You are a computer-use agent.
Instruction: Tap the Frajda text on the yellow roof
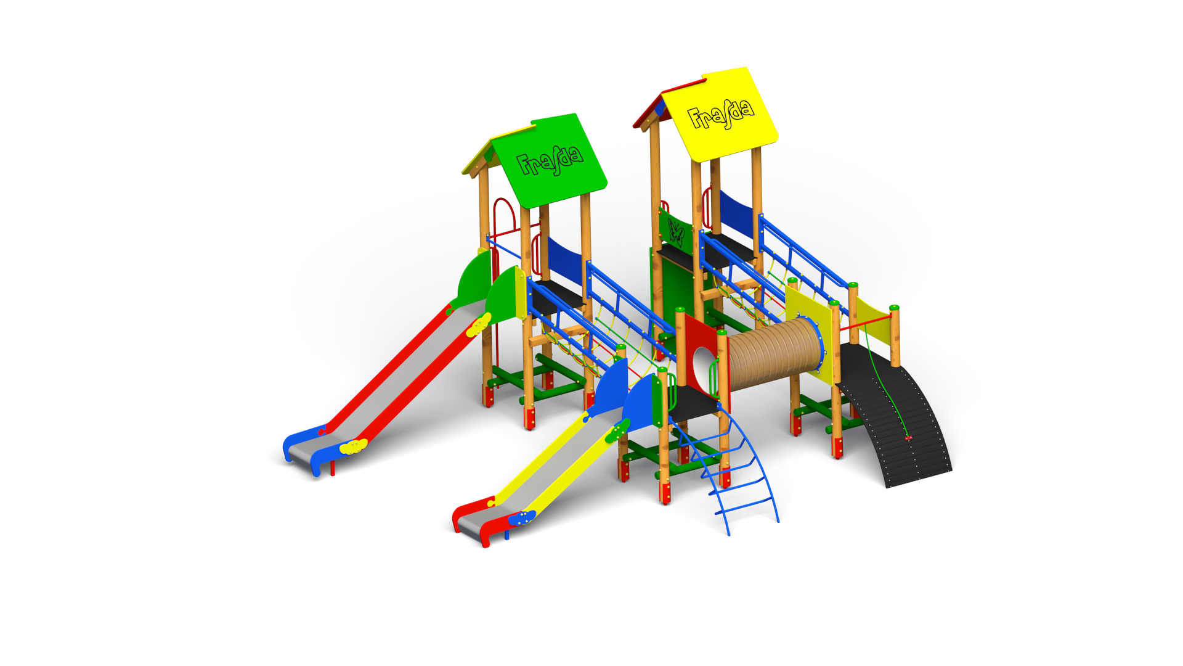click(x=720, y=115)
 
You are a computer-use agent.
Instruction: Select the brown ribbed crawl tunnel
click(x=774, y=352)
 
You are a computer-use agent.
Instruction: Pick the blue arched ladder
click(x=733, y=469)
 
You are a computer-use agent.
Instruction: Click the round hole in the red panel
click(x=703, y=368)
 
